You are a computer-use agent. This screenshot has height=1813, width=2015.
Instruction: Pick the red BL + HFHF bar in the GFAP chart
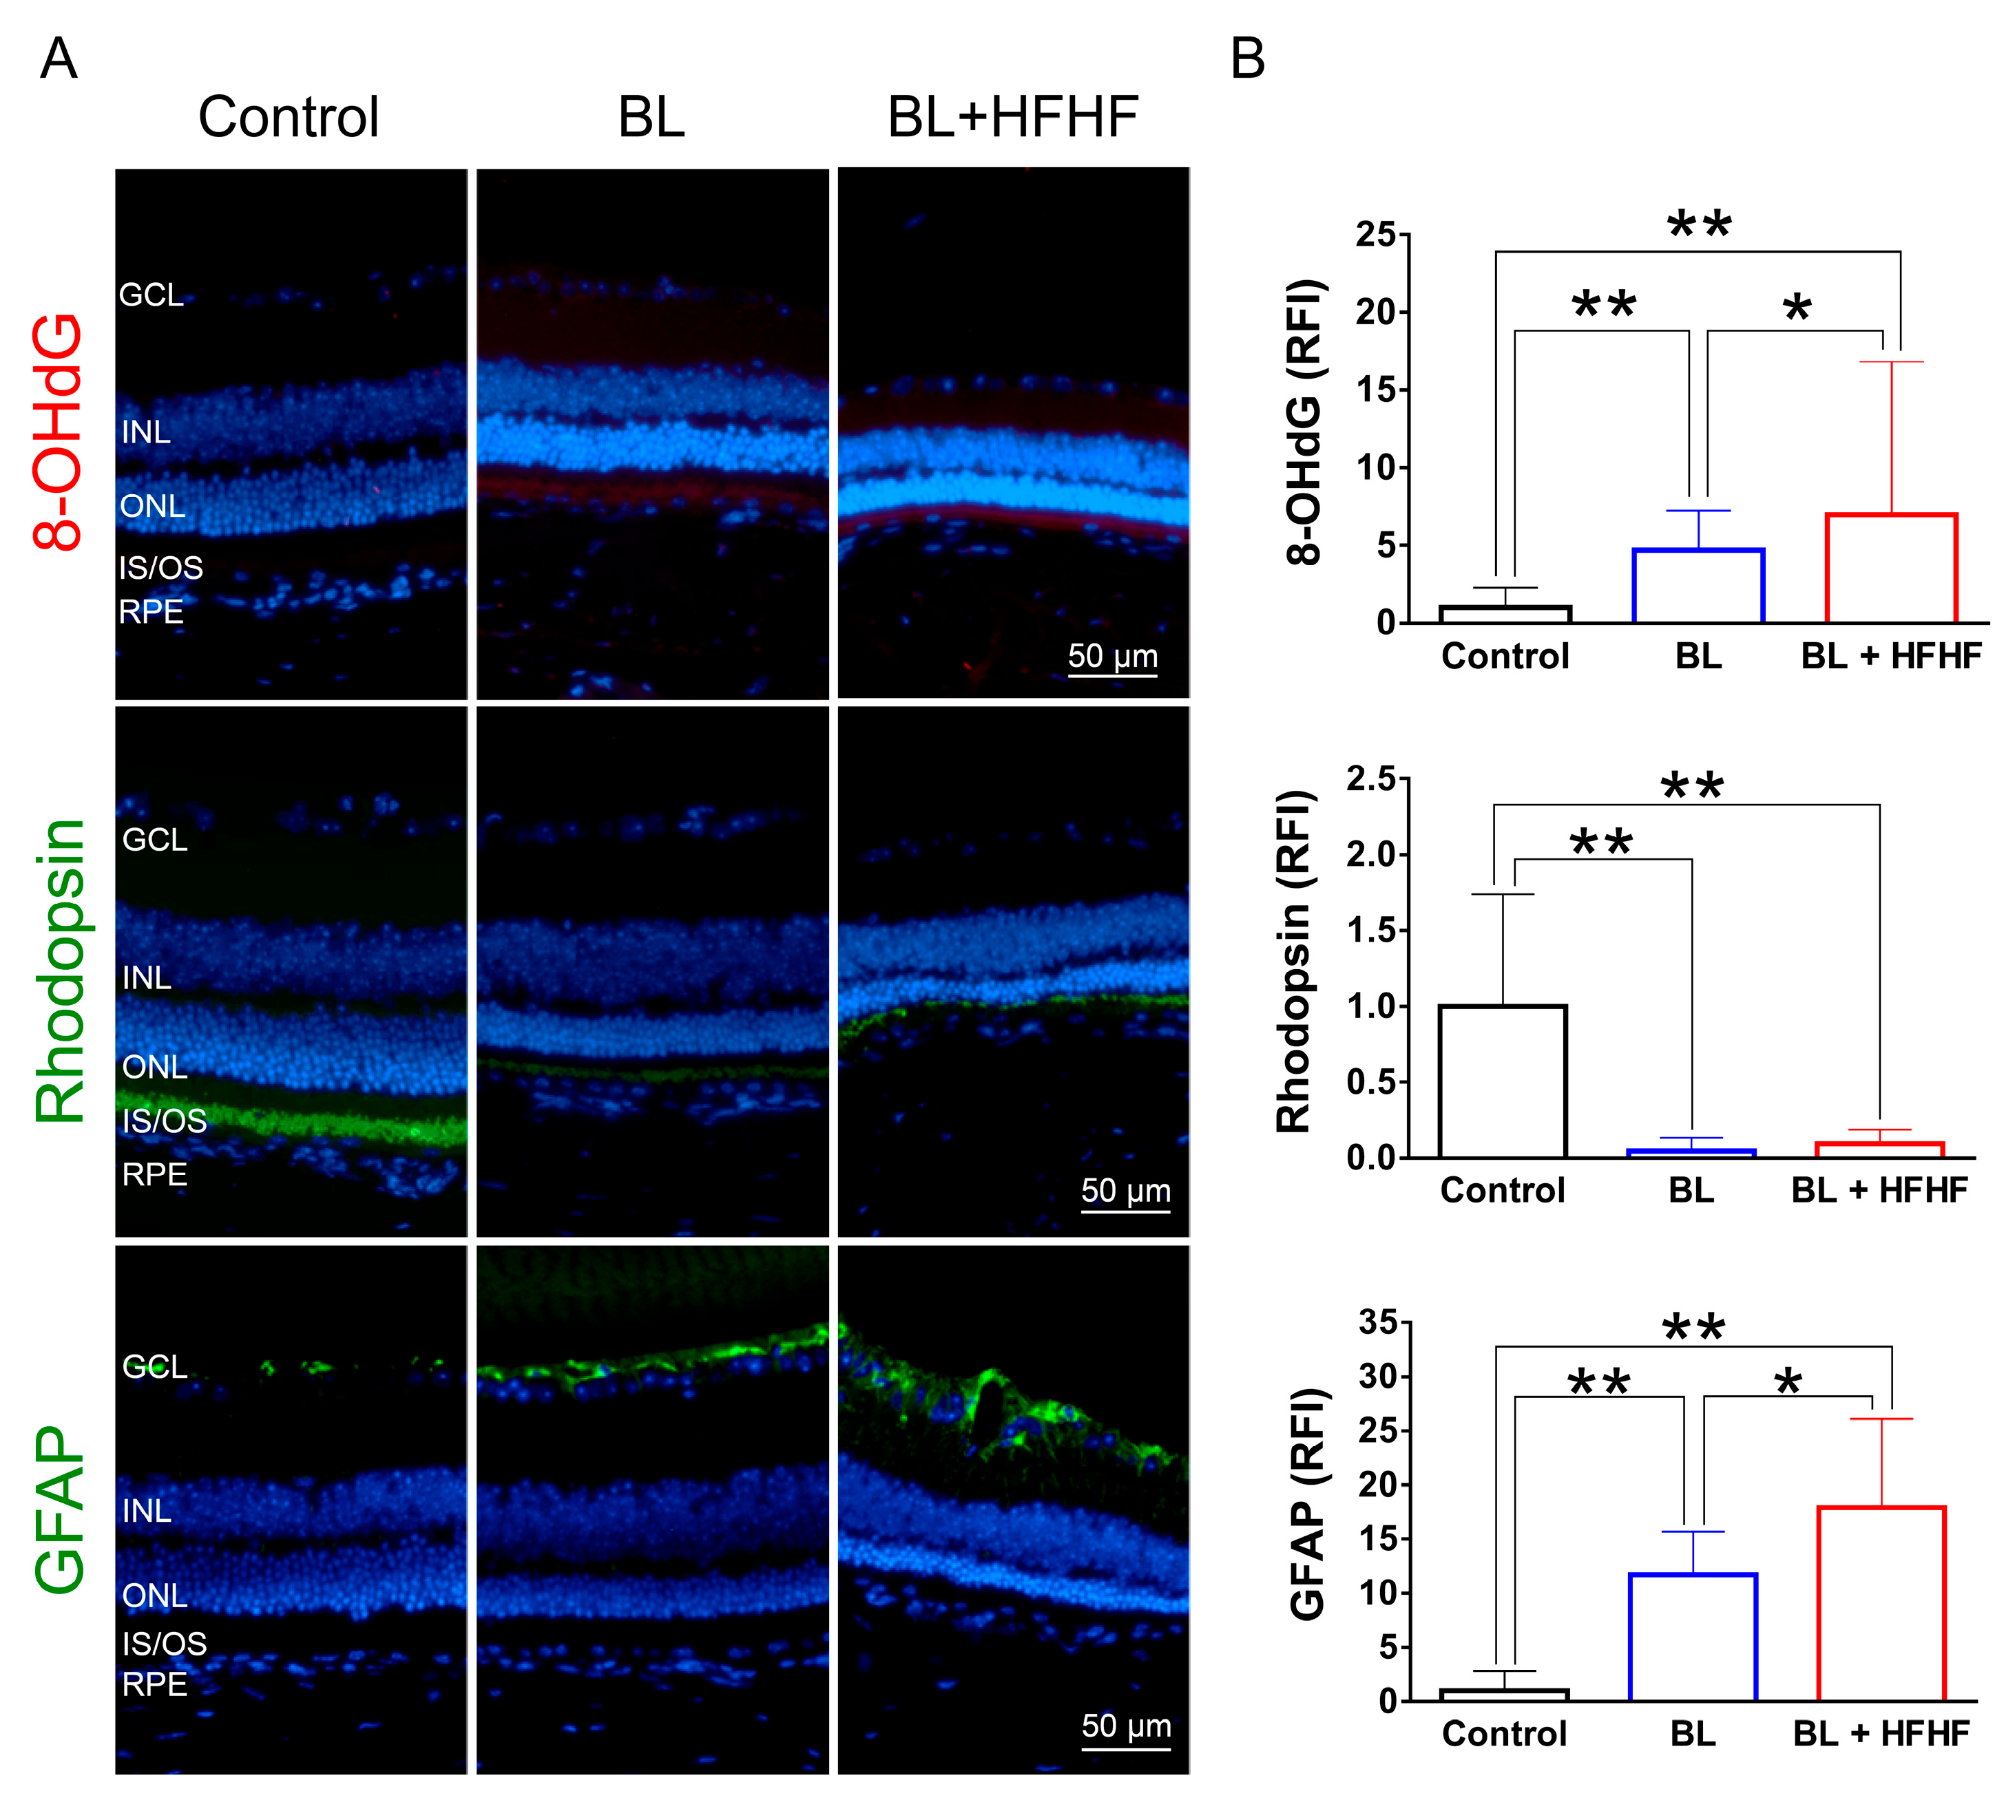[x=1881, y=1604]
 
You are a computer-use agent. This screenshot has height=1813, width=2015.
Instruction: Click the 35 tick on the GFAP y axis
[x=1378, y=1323]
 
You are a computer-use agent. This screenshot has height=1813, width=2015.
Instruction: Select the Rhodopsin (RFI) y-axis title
[x=1293, y=962]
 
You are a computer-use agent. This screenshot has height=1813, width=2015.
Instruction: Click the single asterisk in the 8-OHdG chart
[x=1797, y=309]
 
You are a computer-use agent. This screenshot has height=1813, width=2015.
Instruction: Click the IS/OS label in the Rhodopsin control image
[x=165, y=1121]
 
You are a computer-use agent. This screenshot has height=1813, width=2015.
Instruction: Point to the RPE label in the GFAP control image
[x=154, y=1684]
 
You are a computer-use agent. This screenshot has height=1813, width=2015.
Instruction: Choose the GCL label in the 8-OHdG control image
[x=152, y=295]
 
